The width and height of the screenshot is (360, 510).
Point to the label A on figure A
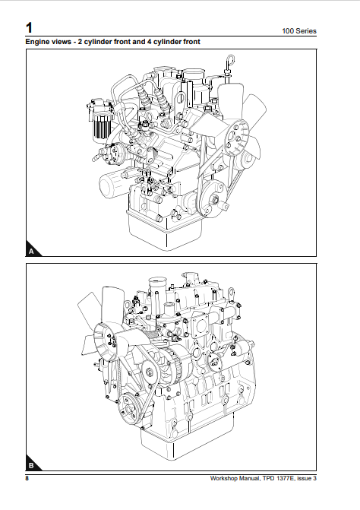pyautogui.click(x=31, y=249)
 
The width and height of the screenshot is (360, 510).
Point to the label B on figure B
pyautogui.click(x=31, y=464)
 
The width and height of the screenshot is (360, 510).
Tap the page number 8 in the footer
pyautogui.click(x=27, y=479)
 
